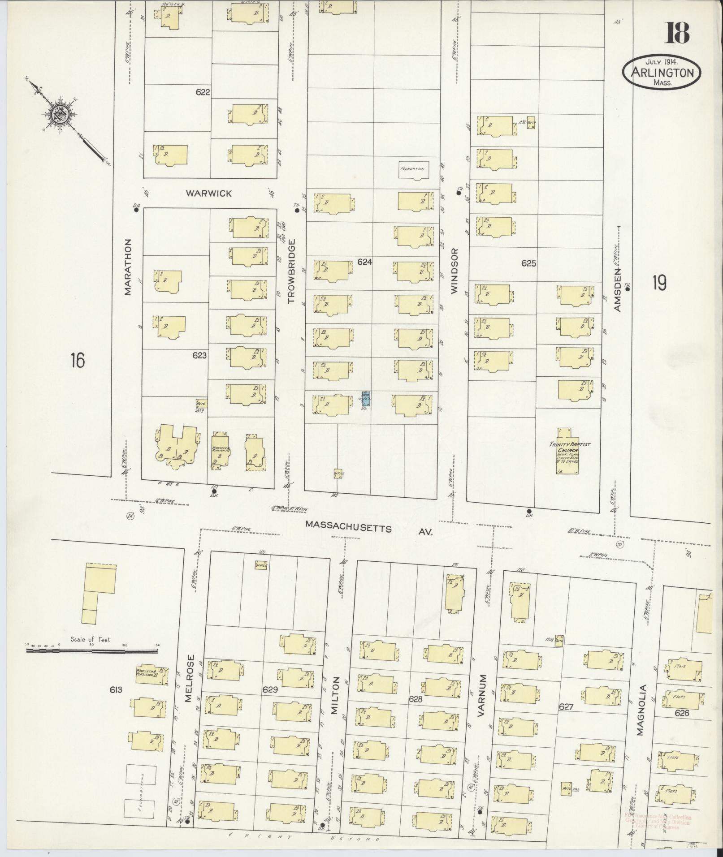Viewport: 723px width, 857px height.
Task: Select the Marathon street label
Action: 128,266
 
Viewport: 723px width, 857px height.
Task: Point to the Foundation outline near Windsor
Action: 414,170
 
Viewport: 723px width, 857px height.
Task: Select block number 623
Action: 199,355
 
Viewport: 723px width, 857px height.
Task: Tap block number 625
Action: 528,263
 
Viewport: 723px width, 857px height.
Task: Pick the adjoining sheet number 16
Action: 78,360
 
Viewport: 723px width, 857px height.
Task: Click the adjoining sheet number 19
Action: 659,283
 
